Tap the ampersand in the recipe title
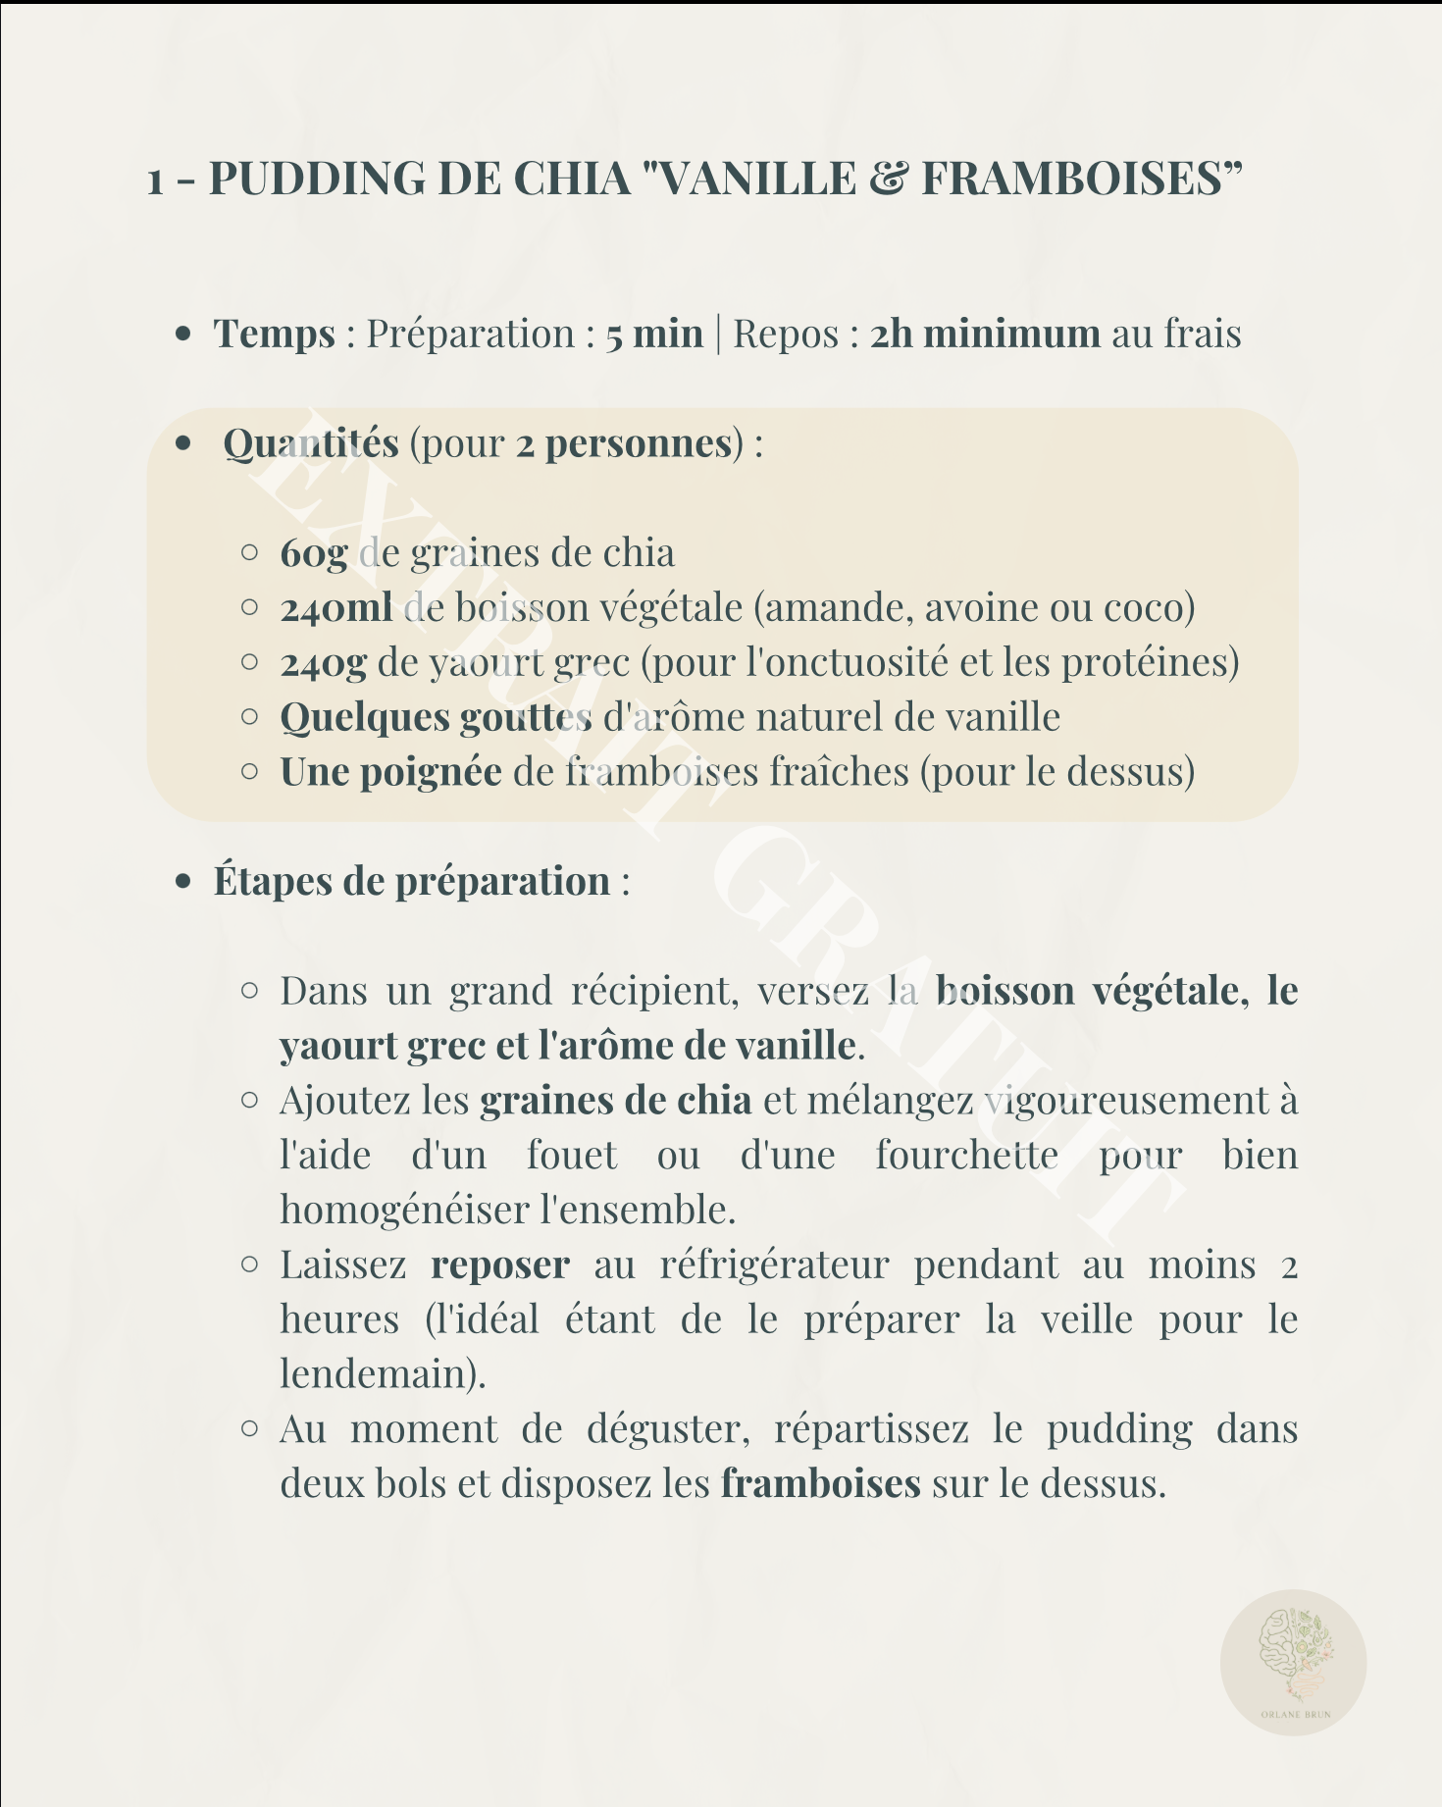click(889, 179)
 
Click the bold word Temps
click(275, 334)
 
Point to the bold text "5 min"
click(654, 334)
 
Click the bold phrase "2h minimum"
click(985, 334)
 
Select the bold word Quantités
click(311, 443)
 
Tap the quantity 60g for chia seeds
click(314, 553)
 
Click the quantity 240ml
click(336, 608)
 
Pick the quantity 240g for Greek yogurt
click(324, 663)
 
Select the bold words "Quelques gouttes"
click(436, 717)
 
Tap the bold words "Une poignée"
click(390, 772)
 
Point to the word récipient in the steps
click(654, 991)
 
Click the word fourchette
click(966, 1155)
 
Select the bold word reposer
click(500, 1265)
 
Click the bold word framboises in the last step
click(820, 1483)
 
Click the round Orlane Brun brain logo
click(1293, 1662)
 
